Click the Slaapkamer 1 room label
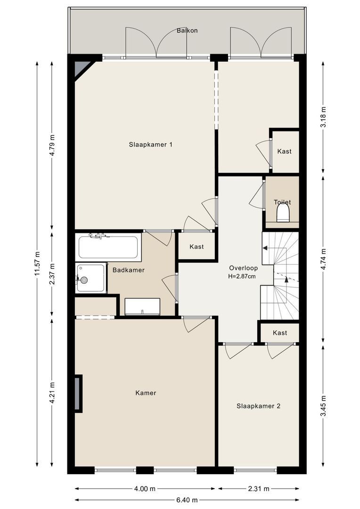150,145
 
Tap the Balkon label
188,31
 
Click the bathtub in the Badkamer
108,246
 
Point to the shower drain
84,279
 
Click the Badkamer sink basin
142,306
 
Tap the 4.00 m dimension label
145,489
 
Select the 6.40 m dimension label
187,500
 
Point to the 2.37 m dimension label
52,275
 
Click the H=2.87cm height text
242,277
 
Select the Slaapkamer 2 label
258,406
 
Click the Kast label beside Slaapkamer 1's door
196,246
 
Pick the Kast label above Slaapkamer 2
280,333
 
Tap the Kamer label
146,393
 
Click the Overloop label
244,268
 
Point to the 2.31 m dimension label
258,489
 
